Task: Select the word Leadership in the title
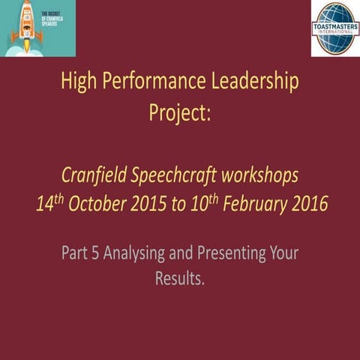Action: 252,81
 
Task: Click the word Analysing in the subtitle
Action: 136,253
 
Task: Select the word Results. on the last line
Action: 180,279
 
